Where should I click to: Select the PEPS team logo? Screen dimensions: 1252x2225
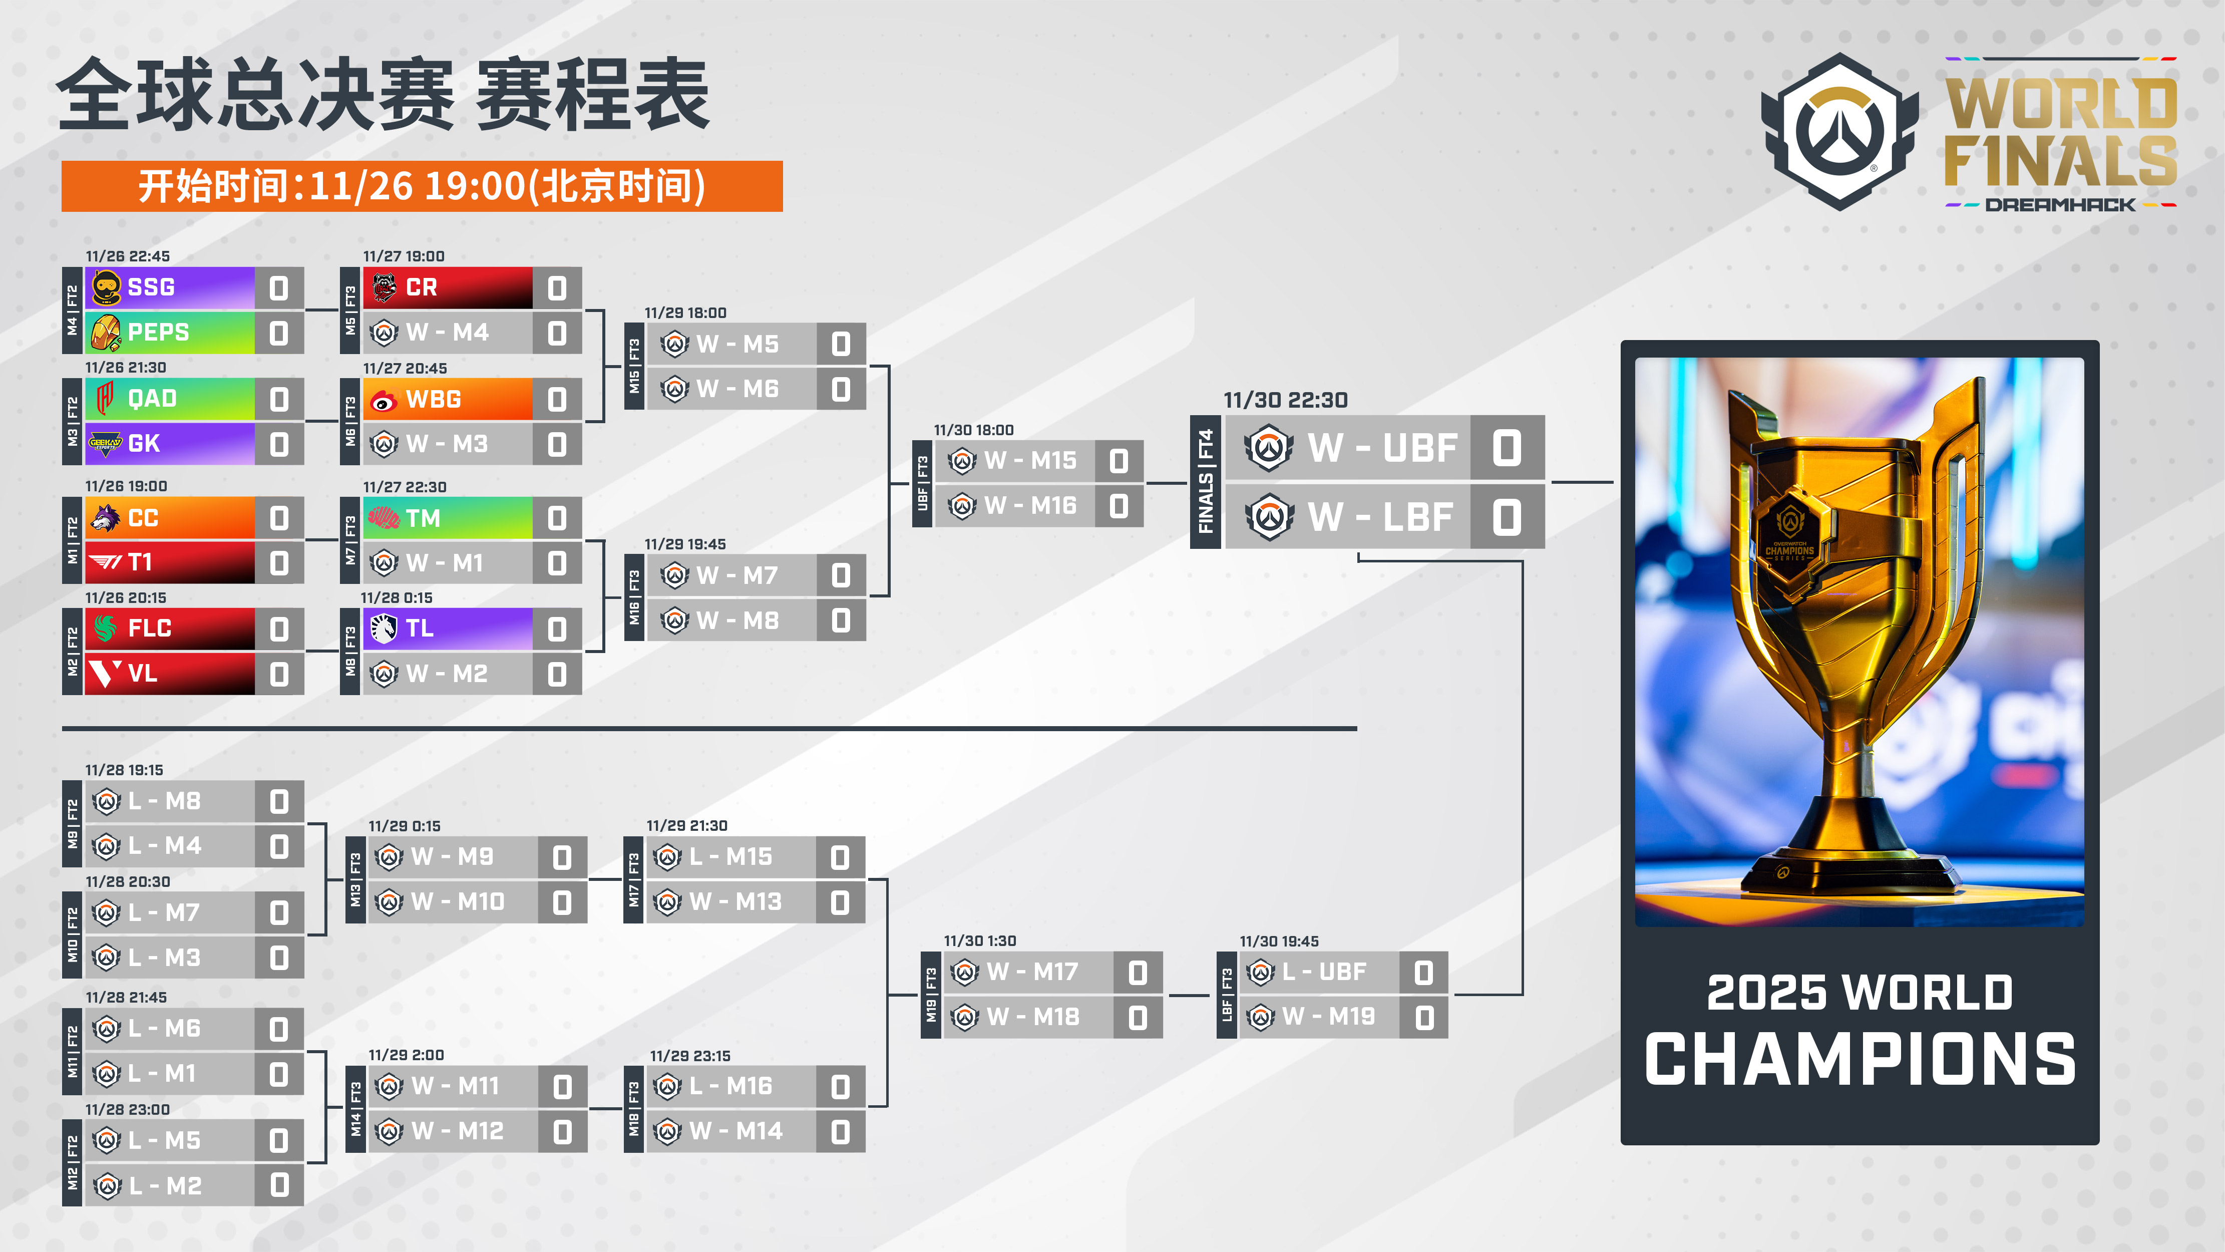click(x=105, y=333)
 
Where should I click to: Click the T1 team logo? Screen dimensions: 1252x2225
click(x=105, y=562)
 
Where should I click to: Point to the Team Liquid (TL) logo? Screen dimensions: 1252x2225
click(x=383, y=628)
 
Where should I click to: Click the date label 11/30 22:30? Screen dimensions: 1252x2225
click(x=1285, y=400)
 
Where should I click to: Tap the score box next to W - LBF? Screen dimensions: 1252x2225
click(x=1507, y=517)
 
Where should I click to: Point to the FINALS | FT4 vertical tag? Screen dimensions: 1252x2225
click(x=1206, y=481)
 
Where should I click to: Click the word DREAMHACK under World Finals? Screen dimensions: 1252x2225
click(x=2060, y=205)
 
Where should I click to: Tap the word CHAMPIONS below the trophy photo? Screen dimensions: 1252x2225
click(x=1860, y=1059)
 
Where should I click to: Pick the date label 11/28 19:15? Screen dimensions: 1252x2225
click(x=124, y=770)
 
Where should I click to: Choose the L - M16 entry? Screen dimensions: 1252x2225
click(x=730, y=1086)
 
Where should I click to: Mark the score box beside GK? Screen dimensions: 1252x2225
click(x=279, y=444)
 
